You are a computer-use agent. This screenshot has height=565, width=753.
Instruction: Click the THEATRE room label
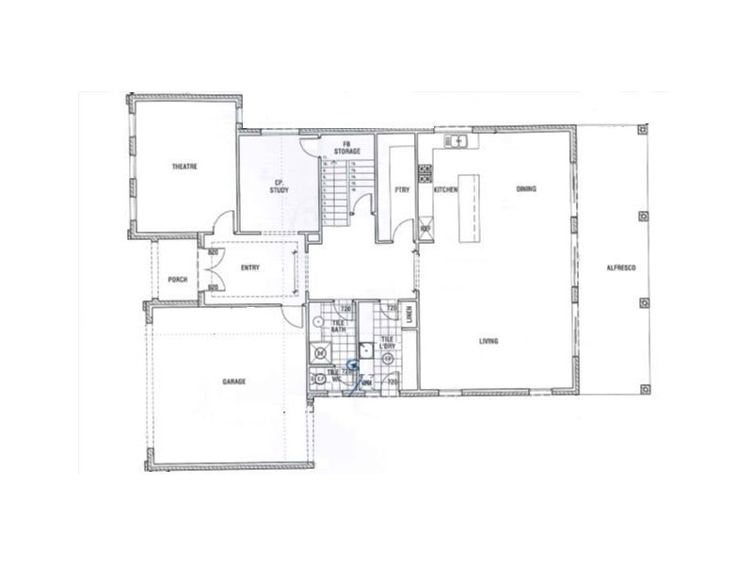click(x=183, y=167)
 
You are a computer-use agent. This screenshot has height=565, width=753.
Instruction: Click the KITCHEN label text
click(x=445, y=190)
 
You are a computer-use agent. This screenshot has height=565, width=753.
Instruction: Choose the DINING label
click(x=526, y=189)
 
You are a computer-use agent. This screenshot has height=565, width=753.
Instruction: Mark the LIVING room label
click(x=488, y=341)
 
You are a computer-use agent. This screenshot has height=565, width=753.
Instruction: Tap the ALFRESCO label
click(x=624, y=270)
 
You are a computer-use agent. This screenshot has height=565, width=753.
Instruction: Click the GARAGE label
click(x=234, y=381)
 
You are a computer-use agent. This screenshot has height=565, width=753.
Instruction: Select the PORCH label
click(x=176, y=279)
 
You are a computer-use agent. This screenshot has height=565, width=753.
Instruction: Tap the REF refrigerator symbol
click(x=425, y=228)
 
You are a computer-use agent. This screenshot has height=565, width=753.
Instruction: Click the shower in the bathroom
click(x=323, y=353)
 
